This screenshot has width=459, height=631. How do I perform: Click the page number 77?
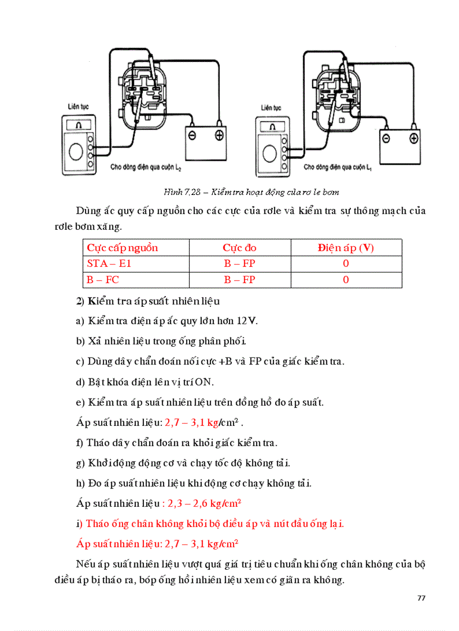coord(421,597)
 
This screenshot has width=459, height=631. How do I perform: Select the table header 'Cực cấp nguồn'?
coord(122,248)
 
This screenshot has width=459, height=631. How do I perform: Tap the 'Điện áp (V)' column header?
coord(345,248)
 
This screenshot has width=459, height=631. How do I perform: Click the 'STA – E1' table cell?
coord(109,264)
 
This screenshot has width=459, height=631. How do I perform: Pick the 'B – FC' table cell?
coord(103,280)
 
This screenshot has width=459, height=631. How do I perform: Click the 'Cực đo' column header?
coord(240,248)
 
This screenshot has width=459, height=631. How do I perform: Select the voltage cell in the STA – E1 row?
coord(345,264)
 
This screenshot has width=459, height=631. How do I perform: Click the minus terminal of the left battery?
coord(192,135)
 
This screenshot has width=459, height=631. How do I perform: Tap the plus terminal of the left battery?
coord(219,135)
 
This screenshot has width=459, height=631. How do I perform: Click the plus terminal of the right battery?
coord(413,138)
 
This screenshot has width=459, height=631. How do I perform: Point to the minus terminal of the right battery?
coord(386,138)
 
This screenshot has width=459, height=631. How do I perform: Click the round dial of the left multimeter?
coord(75,151)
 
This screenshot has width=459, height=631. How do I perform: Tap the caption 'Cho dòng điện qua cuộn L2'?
coord(145,167)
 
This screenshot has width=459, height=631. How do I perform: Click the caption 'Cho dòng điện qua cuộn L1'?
coord(337,167)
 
